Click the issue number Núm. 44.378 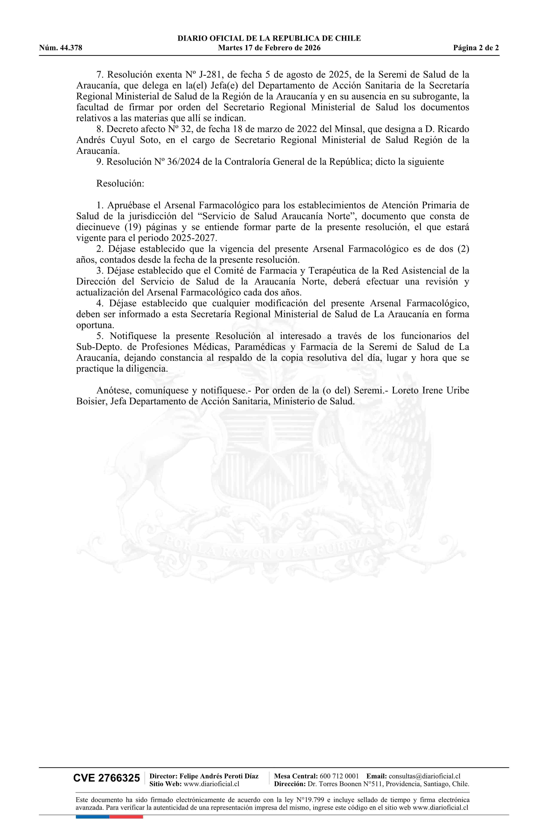click(61, 48)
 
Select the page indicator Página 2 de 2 click(476, 48)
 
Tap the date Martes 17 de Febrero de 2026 click(269, 48)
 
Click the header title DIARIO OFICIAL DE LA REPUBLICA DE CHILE click(269, 39)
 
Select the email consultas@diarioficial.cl click(424, 776)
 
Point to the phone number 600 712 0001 click(339, 776)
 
